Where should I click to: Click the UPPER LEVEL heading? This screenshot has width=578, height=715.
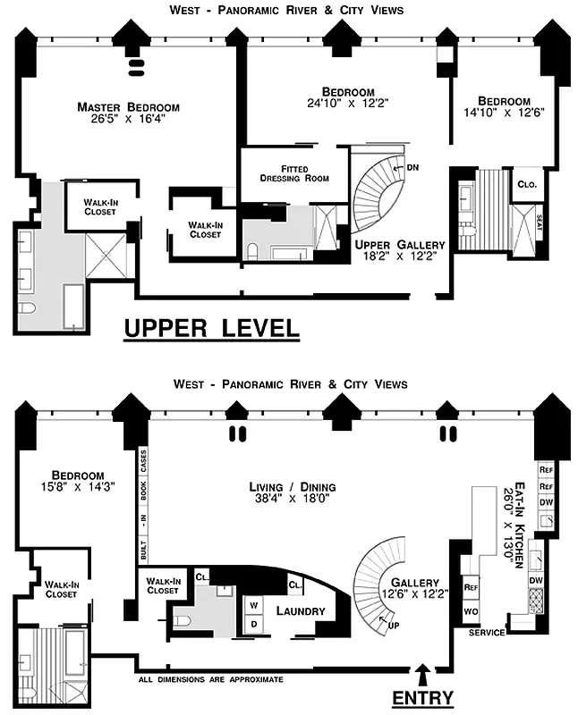point(211,328)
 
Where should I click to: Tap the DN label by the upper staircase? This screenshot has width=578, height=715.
point(412,167)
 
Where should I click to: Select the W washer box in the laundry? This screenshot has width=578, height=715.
point(253,603)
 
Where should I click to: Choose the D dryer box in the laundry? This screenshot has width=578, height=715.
point(253,622)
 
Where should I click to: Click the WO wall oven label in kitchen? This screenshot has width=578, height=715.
point(471,611)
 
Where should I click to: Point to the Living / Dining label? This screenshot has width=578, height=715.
point(293,492)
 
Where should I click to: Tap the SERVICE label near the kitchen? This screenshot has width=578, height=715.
point(488,633)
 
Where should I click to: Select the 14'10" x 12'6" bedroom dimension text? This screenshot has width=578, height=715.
point(503,113)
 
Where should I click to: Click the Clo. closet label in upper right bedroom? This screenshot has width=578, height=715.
point(526,185)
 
